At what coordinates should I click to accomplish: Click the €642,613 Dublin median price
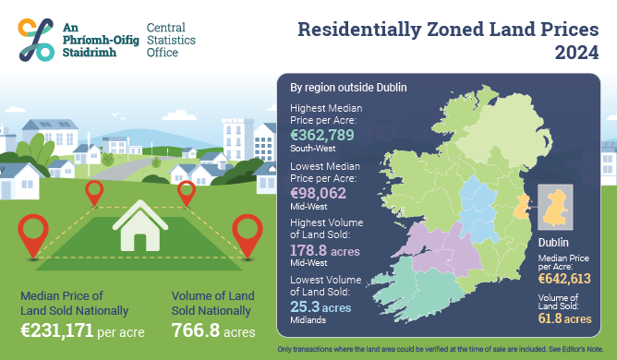(564, 279)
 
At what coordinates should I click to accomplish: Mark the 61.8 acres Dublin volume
(564, 318)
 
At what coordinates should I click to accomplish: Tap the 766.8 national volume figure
(198, 329)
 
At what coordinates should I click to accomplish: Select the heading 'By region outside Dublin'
(349, 88)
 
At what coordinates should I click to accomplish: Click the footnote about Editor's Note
(446, 350)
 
